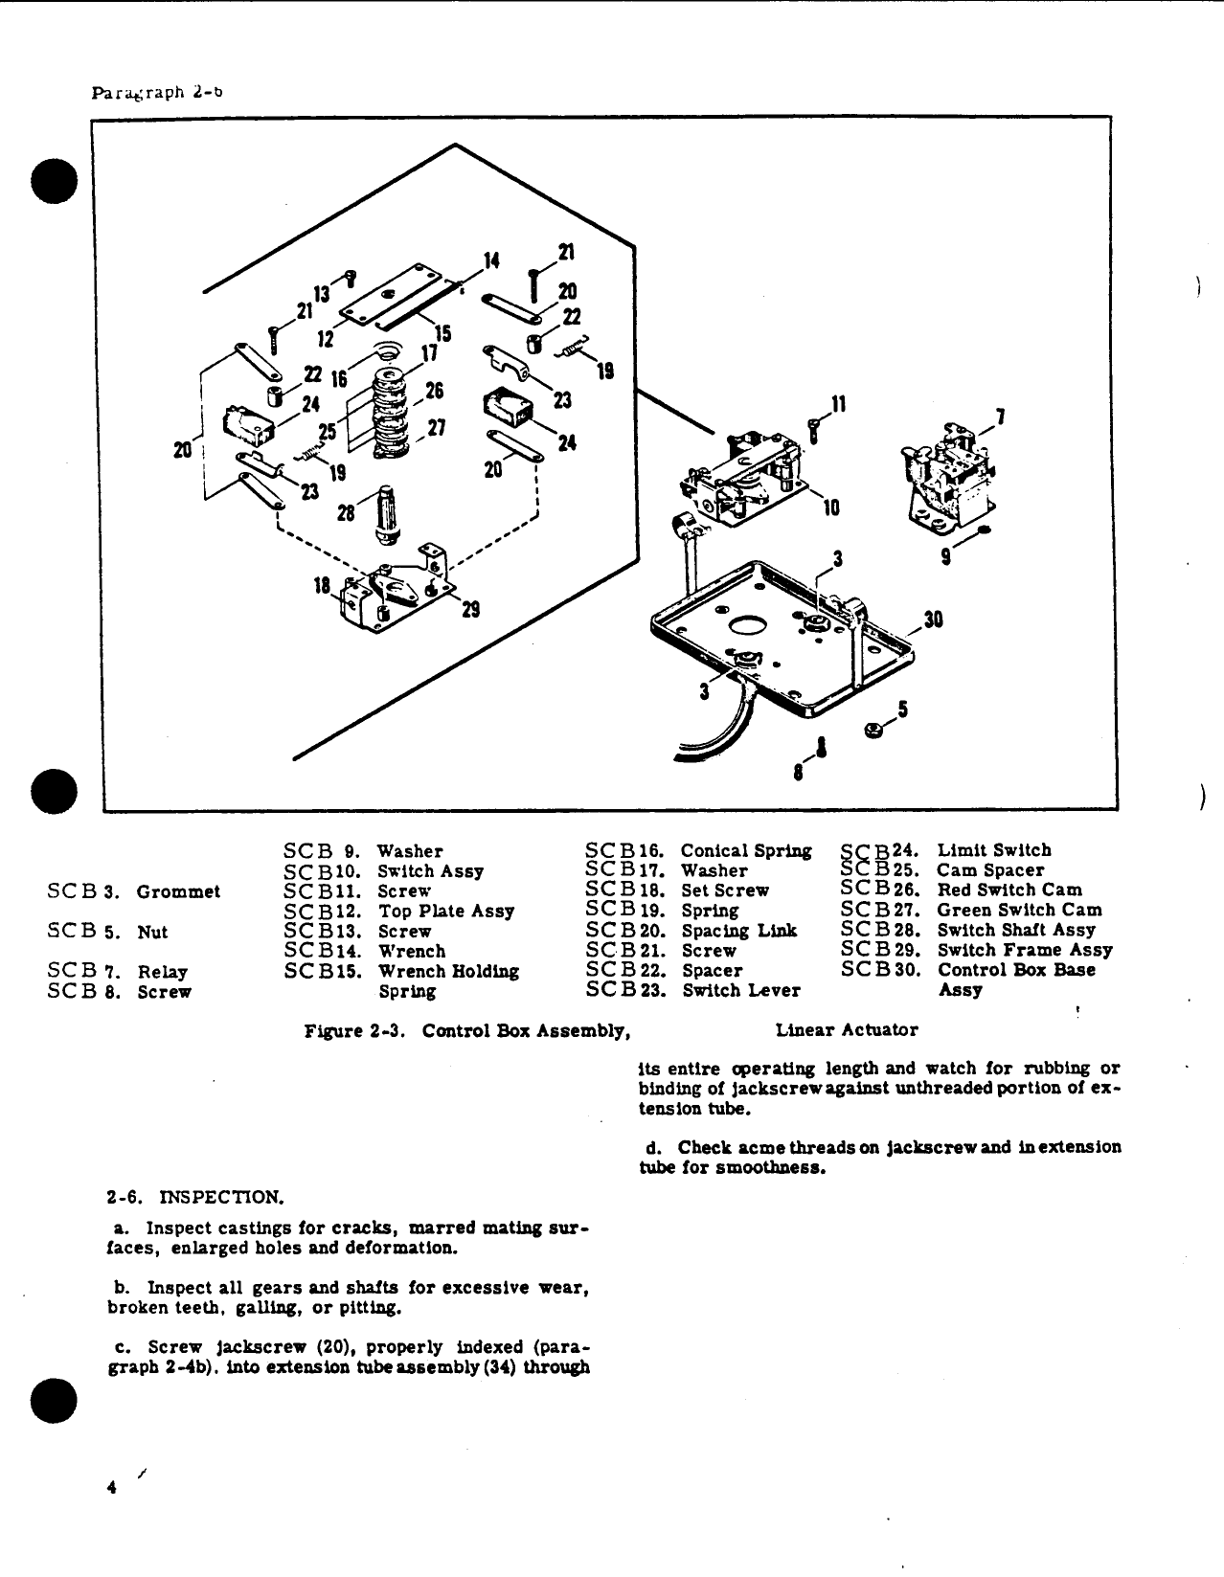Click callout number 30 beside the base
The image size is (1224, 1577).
pyautogui.click(x=933, y=620)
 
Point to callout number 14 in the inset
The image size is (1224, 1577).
pyautogui.click(x=490, y=261)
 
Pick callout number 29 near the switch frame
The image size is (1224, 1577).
pyautogui.click(x=470, y=610)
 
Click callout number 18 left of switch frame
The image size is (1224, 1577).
pyautogui.click(x=324, y=586)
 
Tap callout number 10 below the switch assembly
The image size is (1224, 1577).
pyautogui.click(x=830, y=508)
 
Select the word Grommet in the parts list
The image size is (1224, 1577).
pyautogui.click(x=178, y=892)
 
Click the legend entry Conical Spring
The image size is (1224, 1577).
pyautogui.click(x=745, y=851)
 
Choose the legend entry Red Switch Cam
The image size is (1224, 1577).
pyautogui.click(x=1009, y=890)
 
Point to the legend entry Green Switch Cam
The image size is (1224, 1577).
pyautogui.click(x=1018, y=910)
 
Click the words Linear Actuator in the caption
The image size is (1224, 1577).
pyautogui.click(x=846, y=1030)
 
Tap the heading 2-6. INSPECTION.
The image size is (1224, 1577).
pyautogui.click(x=195, y=1198)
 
